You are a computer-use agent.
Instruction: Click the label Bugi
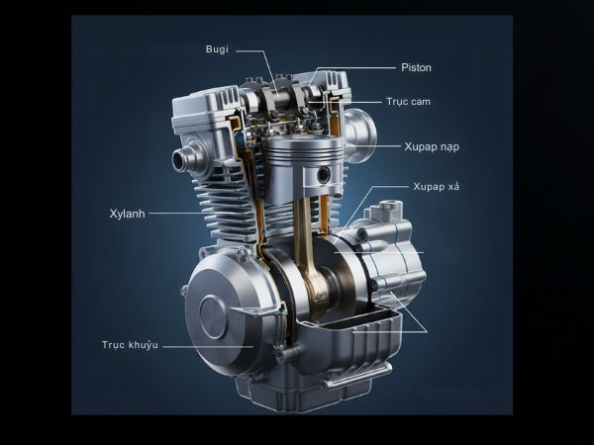click(x=217, y=49)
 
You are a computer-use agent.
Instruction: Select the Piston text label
click(x=416, y=67)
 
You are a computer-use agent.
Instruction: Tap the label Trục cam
click(x=408, y=102)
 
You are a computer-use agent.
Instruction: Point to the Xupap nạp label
click(x=432, y=146)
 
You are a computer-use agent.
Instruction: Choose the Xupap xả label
click(x=436, y=187)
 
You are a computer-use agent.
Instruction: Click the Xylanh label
click(x=128, y=214)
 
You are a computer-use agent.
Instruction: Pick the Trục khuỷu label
click(x=130, y=345)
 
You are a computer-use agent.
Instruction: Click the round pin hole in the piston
click(x=324, y=174)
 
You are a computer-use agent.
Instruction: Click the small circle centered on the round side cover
click(x=214, y=316)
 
